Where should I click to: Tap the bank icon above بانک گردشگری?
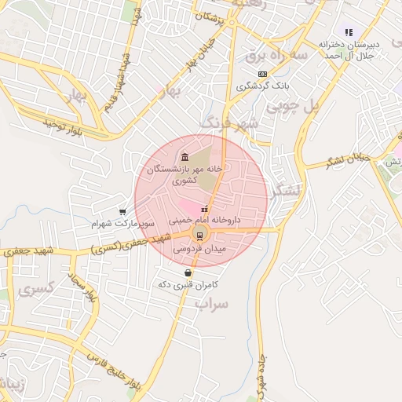(261, 73)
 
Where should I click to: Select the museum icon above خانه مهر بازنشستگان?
(185, 155)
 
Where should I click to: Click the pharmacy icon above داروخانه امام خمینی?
(205, 209)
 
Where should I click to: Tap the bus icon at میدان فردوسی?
(199, 235)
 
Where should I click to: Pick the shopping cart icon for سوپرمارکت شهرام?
(122, 211)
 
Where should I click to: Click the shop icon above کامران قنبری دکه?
(187, 272)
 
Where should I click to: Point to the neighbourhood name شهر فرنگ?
(228, 124)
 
